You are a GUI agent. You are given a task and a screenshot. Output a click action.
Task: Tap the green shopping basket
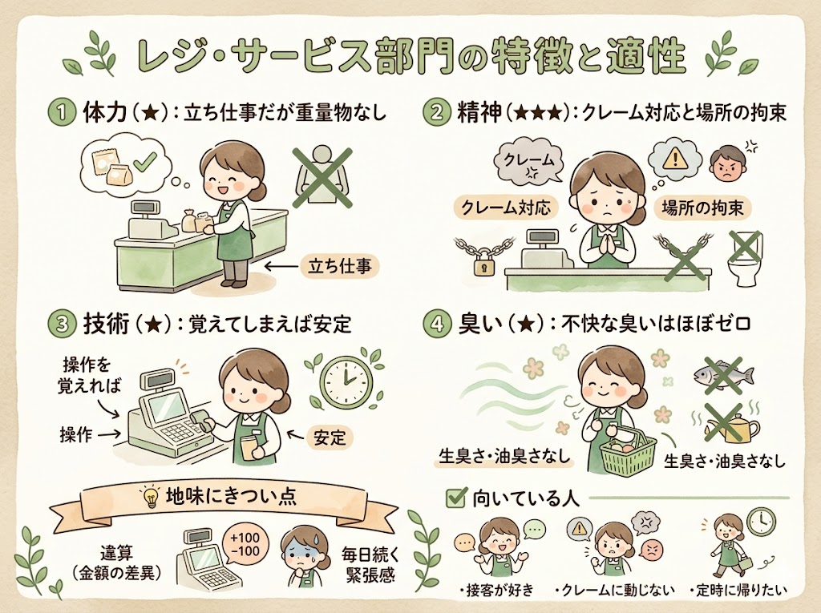click(x=628, y=453)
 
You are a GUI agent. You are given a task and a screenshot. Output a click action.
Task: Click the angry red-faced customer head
click(x=727, y=163)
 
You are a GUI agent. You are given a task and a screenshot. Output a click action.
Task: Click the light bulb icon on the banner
click(x=150, y=497)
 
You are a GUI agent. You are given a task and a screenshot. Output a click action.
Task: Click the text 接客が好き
click(x=493, y=591)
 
